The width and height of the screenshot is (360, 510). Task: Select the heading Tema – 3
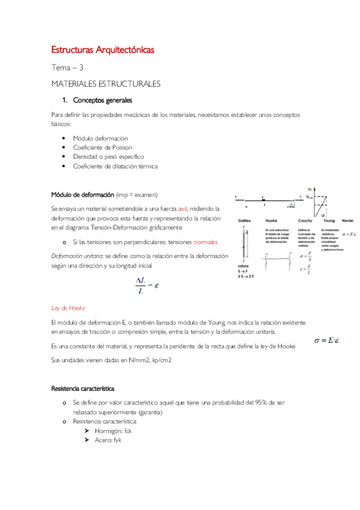pyautogui.click(x=67, y=68)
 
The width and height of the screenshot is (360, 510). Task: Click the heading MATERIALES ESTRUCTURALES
pyautogui.click(x=105, y=84)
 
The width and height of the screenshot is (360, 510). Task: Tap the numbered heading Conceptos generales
pyautogui.click(x=102, y=100)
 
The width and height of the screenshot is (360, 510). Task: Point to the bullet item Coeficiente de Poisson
pyautogui.click(x=102, y=147)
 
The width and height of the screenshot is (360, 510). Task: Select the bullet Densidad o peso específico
pyautogui.click(x=108, y=156)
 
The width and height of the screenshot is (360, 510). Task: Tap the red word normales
pyautogui.click(x=205, y=242)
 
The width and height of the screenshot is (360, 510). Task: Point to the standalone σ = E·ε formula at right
pyautogui.click(x=327, y=340)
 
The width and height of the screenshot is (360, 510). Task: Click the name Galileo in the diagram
pyautogui.click(x=245, y=220)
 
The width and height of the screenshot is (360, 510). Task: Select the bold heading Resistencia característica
pyautogui.click(x=83, y=389)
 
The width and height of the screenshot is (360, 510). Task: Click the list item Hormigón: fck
pyautogui.click(x=117, y=431)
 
